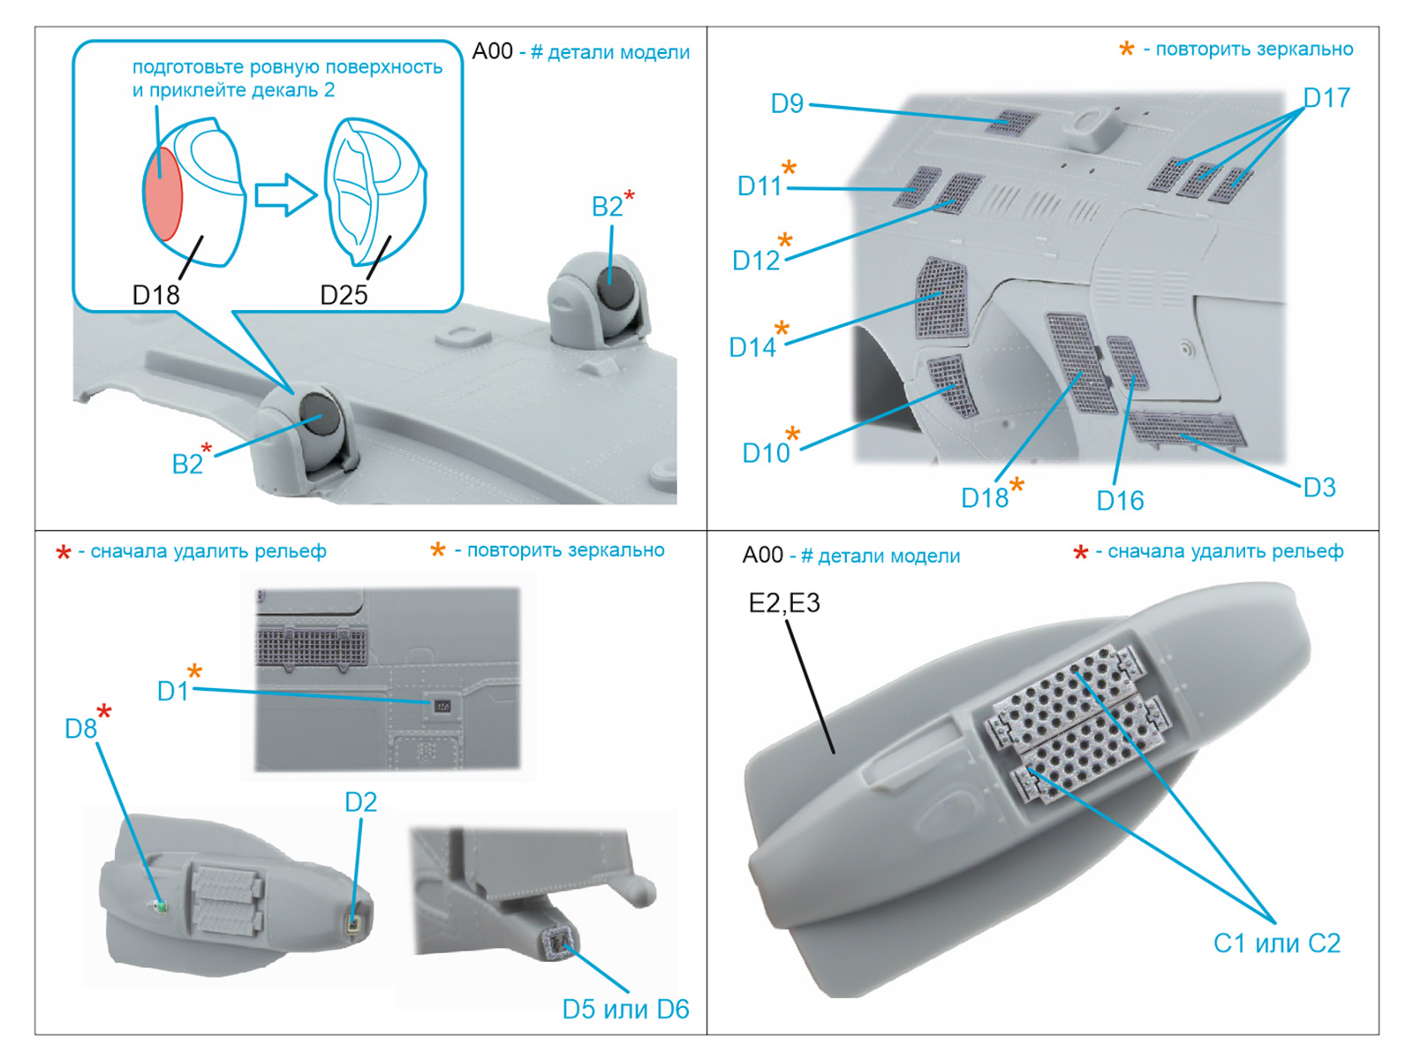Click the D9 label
tap(787, 104)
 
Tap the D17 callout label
tap(1326, 97)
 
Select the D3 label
tap(1319, 487)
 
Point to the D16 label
tap(1120, 501)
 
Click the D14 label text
tap(752, 348)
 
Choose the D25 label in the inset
tap(344, 295)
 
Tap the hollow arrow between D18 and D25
tap(284, 195)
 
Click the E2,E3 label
tap(784, 603)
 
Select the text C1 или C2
tap(1276, 943)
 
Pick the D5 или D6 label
tap(625, 1009)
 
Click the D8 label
tap(81, 729)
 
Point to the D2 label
tap(360, 802)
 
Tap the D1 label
tap(173, 692)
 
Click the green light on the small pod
tap(160, 905)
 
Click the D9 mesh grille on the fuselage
tap(1012, 123)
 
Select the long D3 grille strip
tap(1188, 428)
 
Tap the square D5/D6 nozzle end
tap(559, 943)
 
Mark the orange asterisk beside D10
tap(792, 433)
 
